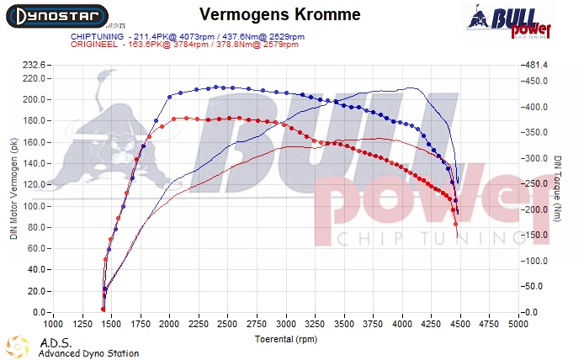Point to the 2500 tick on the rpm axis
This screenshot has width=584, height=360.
point(228,323)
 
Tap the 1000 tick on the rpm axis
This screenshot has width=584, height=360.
point(53,323)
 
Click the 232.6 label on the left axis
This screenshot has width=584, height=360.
point(35,65)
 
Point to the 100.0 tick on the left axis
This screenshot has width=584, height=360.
point(35,206)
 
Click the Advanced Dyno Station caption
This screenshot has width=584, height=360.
point(88,353)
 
